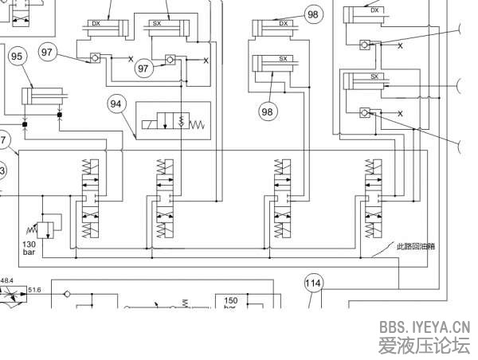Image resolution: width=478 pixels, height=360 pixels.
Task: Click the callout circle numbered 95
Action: point(17,56)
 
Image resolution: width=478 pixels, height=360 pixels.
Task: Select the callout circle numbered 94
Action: point(117,104)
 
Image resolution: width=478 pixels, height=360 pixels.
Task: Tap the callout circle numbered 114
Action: point(314,282)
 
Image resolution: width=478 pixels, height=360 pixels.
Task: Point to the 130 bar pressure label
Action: point(29,248)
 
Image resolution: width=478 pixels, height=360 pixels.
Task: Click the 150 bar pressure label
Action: point(231,303)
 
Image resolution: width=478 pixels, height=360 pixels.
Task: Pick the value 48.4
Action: point(6,280)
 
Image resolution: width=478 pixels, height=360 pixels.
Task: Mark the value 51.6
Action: point(35,291)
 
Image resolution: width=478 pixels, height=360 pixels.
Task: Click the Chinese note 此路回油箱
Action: point(415,246)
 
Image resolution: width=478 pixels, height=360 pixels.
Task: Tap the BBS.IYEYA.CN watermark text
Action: point(424,327)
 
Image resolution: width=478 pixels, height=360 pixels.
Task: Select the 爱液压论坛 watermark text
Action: point(424,346)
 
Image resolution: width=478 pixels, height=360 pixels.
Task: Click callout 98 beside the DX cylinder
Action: point(312,14)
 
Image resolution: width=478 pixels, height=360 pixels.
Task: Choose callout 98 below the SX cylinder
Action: point(267,112)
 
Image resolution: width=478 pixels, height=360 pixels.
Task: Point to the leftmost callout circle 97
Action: point(47,53)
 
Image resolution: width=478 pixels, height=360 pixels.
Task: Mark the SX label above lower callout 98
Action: point(283,59)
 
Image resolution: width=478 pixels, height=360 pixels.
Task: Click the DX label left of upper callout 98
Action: point(283,24)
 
